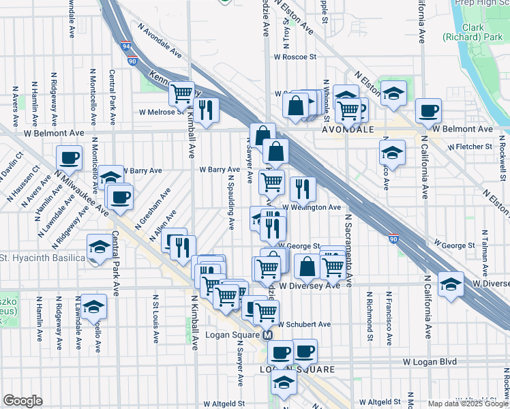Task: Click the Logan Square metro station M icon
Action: (268, 335)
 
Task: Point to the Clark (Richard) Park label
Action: (471, 31)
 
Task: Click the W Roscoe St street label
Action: (295, 57)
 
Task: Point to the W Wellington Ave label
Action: (315, 207)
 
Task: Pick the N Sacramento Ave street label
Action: (348, 249)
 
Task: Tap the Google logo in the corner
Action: (22, 401)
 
